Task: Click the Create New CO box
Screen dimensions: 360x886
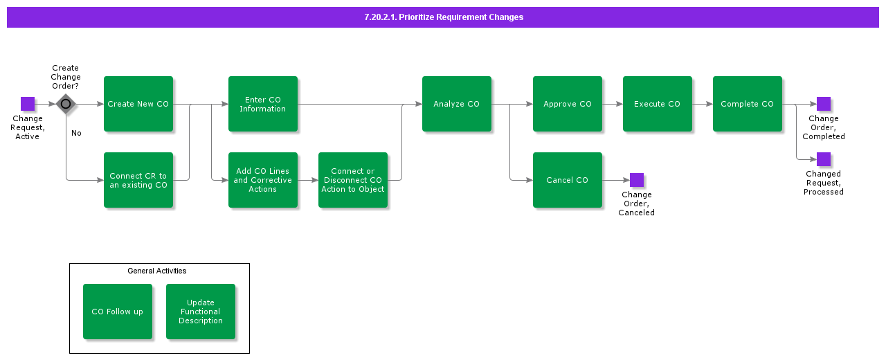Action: coord(138,104)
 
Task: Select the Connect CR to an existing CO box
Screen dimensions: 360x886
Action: coord(138,180)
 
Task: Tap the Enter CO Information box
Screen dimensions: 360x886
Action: coord(263,104)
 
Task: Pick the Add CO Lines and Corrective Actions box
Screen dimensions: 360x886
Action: coord(263,180)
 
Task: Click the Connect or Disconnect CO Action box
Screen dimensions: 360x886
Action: coord(353,180)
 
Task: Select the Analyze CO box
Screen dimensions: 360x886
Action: coord(457,104)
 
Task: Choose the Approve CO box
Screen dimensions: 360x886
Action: coord(568,104)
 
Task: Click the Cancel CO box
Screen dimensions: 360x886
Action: coord(568,180)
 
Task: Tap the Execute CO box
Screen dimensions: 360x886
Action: coord(658,104)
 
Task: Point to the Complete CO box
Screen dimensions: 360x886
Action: coord(748,104)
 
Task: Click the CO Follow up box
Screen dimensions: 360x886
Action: coord(118,312)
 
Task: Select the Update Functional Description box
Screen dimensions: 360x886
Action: coord(201,312)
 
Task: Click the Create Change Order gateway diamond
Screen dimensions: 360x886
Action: coord(66,104)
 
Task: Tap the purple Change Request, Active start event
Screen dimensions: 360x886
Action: coord(28,104)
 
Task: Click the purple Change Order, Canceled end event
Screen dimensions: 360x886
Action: coord(637,180)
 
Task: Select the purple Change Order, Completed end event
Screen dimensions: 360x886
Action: coord(824,104)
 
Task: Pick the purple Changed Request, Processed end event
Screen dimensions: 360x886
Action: coord(824,159)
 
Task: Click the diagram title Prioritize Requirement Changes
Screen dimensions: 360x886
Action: coord(443,17)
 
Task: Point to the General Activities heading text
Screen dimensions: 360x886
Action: coord(157,271)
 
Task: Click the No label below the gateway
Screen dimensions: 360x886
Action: coord(76,133)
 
